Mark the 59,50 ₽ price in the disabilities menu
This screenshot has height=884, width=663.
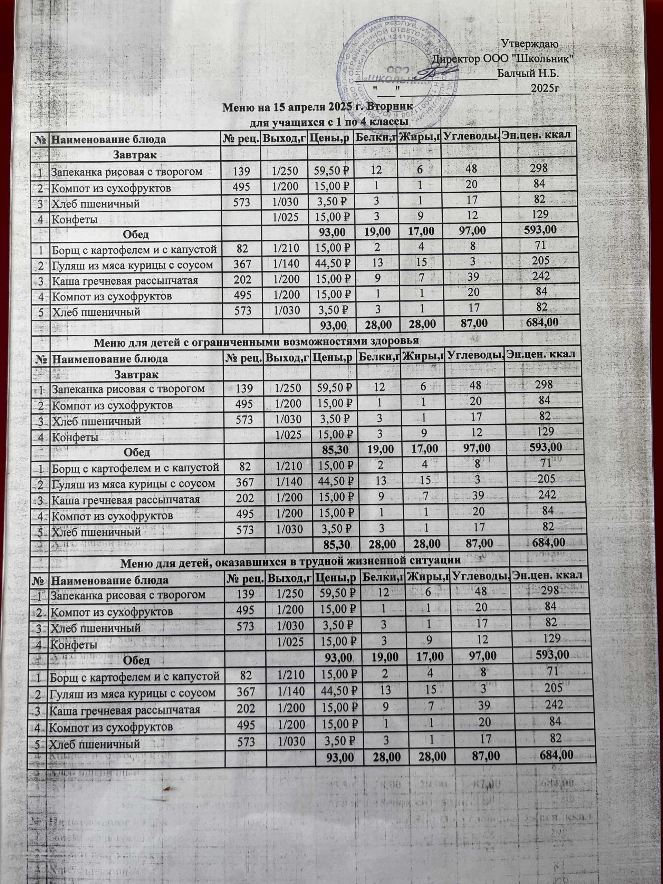point(333,387)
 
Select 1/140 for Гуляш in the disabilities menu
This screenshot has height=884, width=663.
point(287,483)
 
